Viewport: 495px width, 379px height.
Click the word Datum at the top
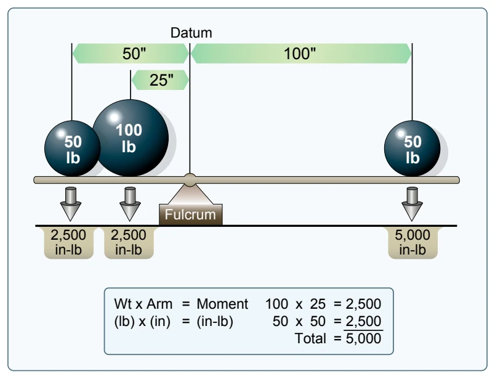point(191,33)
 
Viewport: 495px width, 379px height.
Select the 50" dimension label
point(134,54)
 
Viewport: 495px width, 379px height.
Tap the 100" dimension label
point(300,54)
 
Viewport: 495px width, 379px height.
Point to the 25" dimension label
point(161,80)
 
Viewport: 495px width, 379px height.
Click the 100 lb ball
point(131,138)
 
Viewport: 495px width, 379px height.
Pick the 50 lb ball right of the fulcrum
point(412,149)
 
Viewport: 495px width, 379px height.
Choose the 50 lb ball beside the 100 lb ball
point(73,149)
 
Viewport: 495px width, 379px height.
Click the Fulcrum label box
point(191,214)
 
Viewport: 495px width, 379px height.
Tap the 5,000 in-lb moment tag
point(412,242)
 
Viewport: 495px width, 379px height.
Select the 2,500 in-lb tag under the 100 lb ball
point(129,242)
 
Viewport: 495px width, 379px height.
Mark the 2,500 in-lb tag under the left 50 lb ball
point(68,242)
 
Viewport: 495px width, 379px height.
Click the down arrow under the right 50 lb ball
point(412,204)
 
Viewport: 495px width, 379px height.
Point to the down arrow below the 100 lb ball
point(130,204)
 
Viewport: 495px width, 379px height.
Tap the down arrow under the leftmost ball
point(71,204)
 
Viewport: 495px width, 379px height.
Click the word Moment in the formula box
point(222,304)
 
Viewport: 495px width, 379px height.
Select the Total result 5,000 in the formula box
point(363,338)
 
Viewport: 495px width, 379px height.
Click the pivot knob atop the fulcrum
point(190,180)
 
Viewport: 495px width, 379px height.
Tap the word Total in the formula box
point(310,338)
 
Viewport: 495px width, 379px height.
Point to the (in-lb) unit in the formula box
point(215,322)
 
